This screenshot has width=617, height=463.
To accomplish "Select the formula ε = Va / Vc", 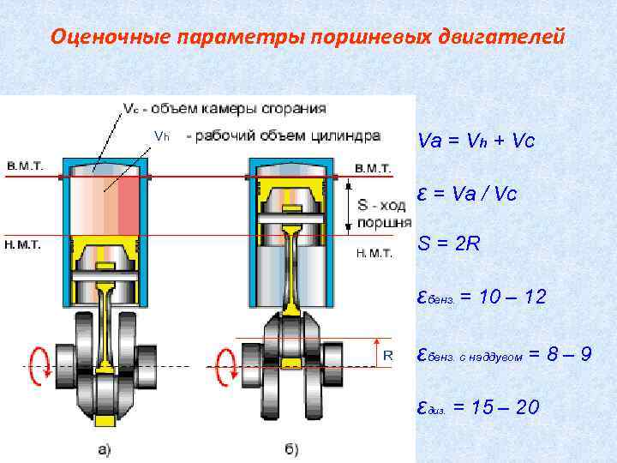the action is coord(467,194).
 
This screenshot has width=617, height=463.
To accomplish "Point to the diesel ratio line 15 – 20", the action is coord(477,406).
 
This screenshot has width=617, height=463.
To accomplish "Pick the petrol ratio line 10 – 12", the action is coord(479,298).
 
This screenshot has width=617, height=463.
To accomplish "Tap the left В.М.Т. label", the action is coord(26,165).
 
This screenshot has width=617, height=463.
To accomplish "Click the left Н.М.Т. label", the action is coord(26,244).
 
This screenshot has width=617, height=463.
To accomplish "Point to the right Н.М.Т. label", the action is coord(374,253).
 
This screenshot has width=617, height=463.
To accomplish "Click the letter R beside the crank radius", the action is coord(387,354).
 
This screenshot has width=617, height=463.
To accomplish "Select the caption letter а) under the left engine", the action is coord(103,448).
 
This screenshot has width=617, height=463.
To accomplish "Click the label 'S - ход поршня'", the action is coord(378,213).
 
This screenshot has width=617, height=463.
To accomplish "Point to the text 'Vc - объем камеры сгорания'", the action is coord(224,109).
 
